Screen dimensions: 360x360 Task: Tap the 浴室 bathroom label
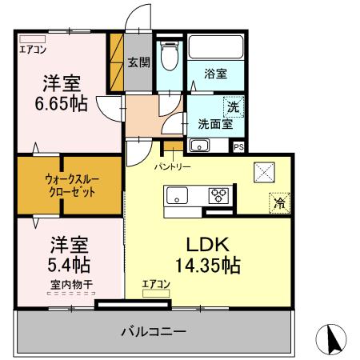coord(215,74)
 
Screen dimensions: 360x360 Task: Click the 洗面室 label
coord(214,124)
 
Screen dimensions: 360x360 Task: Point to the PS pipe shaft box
coord(238,146)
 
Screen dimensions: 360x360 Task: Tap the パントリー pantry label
coord(171,166)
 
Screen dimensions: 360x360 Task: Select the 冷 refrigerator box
coord(279,203)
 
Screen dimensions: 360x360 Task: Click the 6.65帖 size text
coord(60,103)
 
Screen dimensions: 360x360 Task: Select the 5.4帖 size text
coord(60,263)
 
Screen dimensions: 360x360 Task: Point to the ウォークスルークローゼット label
coord(70,186)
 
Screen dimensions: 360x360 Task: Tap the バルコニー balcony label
coord(154,330)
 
